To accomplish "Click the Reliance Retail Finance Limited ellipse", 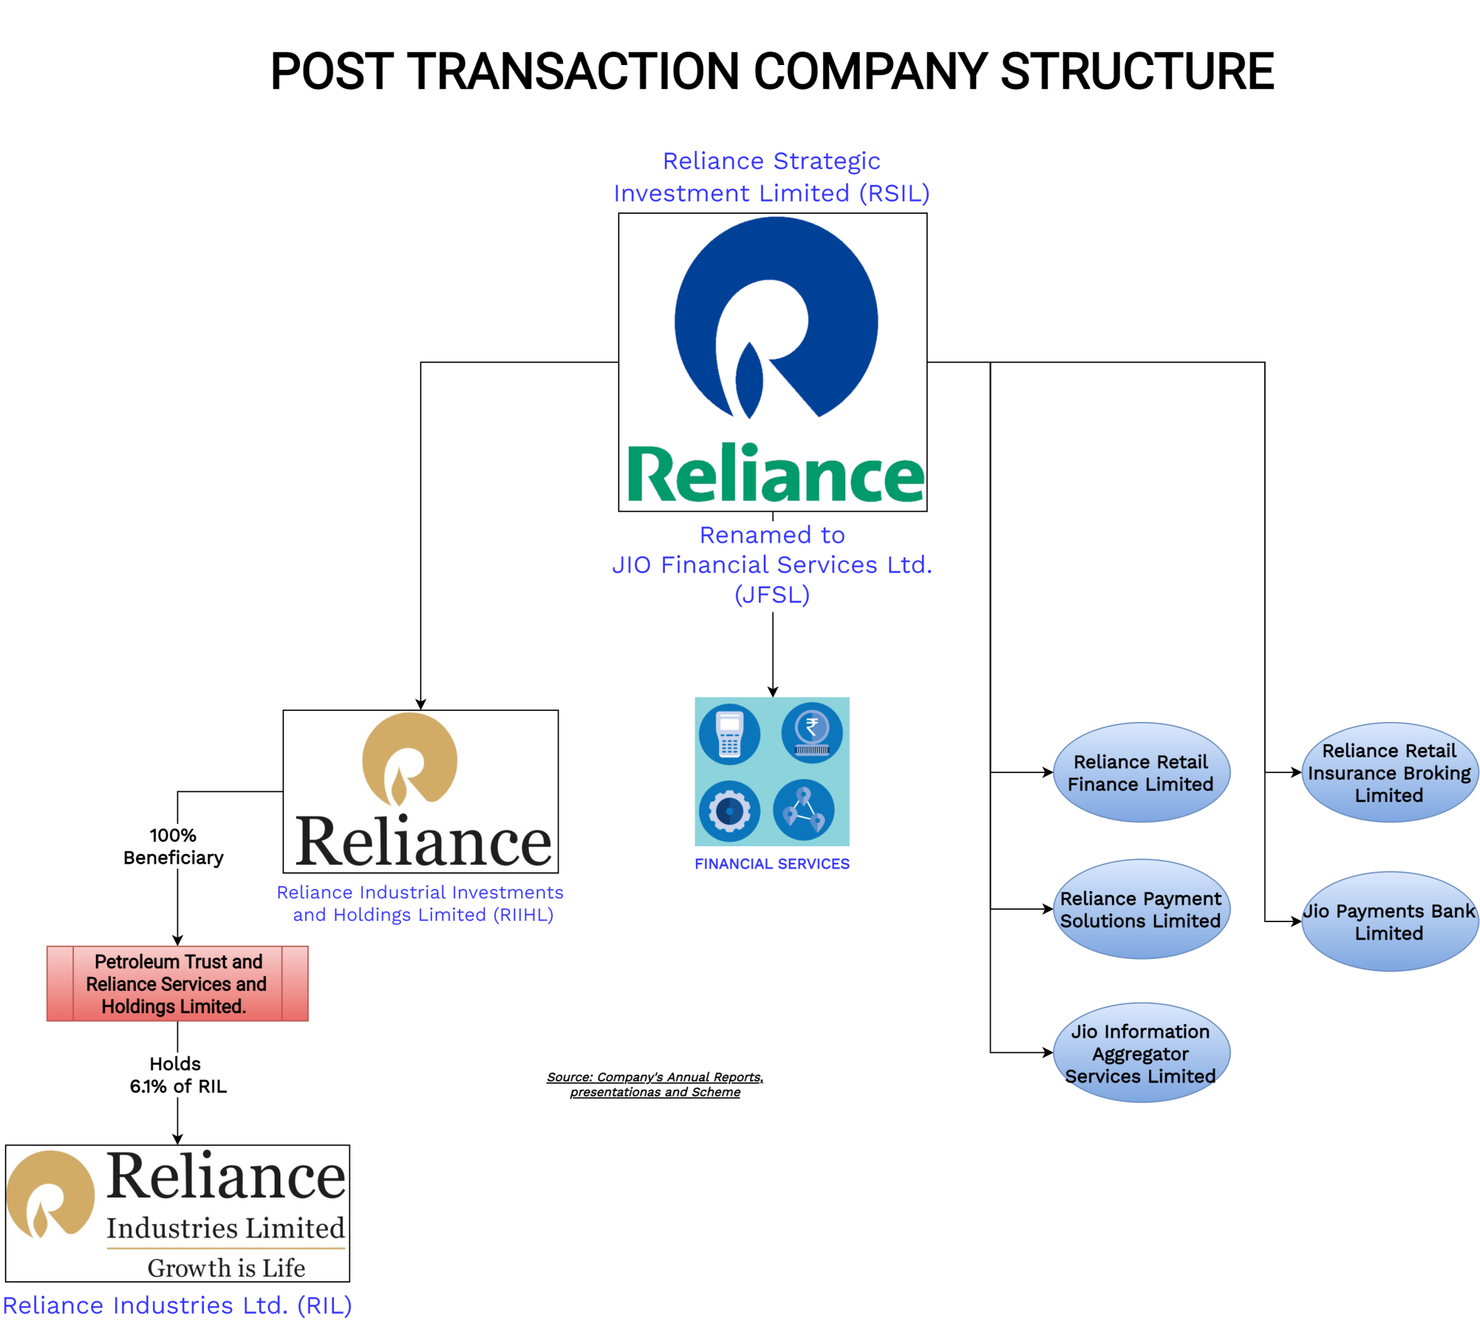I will (1140, 773).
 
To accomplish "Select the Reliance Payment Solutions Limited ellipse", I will (1140, 909).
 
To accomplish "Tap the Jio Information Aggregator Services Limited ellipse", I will (1140, 1052).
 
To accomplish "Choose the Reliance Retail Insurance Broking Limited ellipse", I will (1388, 773).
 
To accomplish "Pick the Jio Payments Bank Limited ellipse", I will (1388, 921).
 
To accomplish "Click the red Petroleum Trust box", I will (177, 984).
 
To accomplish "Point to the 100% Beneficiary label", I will (173, 846).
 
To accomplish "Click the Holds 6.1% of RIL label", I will (178, 1075).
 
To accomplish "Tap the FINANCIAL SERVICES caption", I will (772, 864).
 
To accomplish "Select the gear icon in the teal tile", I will (729, 811).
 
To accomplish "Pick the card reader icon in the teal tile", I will (729, 733).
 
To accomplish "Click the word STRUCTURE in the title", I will (1137, 71).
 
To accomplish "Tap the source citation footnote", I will (655, 1085).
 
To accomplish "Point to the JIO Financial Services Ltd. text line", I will (772, 564).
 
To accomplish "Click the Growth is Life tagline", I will (225, 1268).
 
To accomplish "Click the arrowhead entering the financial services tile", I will (773, 692).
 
